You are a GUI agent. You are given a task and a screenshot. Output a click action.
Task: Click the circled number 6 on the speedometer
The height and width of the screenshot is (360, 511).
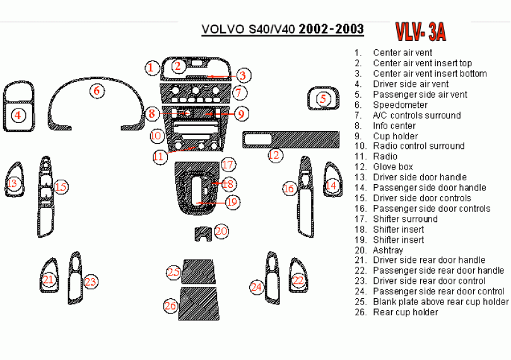97,91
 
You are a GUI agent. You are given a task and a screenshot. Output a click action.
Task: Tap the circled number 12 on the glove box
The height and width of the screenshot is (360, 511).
274,154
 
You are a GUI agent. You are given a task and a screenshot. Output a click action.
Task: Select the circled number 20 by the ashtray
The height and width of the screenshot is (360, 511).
221,231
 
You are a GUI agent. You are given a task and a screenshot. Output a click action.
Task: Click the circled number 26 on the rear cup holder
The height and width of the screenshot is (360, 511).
170,306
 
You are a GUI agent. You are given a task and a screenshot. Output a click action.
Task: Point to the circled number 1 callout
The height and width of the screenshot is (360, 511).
151,67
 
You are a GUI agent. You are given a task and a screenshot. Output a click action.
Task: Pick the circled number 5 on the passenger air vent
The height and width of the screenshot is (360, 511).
323,98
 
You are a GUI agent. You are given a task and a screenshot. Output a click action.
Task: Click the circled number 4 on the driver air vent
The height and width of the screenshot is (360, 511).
19,115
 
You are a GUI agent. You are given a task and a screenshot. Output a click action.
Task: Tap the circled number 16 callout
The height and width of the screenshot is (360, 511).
288,188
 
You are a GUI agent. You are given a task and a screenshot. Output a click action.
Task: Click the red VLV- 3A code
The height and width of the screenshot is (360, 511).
420,30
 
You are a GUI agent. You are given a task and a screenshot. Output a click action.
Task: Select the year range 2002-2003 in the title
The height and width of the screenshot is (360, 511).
331,29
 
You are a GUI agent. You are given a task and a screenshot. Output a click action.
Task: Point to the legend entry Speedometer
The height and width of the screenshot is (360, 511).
400,105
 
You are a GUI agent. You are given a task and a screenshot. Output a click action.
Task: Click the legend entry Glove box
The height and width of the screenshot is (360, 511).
392,167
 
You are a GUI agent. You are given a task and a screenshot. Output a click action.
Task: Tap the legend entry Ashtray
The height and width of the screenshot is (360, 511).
388,250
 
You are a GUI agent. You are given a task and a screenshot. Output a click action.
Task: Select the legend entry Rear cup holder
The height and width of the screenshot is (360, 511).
405,312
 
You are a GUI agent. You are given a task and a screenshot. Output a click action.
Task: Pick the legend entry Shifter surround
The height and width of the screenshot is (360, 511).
405,219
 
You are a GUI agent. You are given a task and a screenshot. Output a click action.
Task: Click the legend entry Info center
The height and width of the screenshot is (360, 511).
394,125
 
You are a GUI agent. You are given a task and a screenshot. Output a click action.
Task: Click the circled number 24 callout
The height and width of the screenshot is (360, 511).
255,287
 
